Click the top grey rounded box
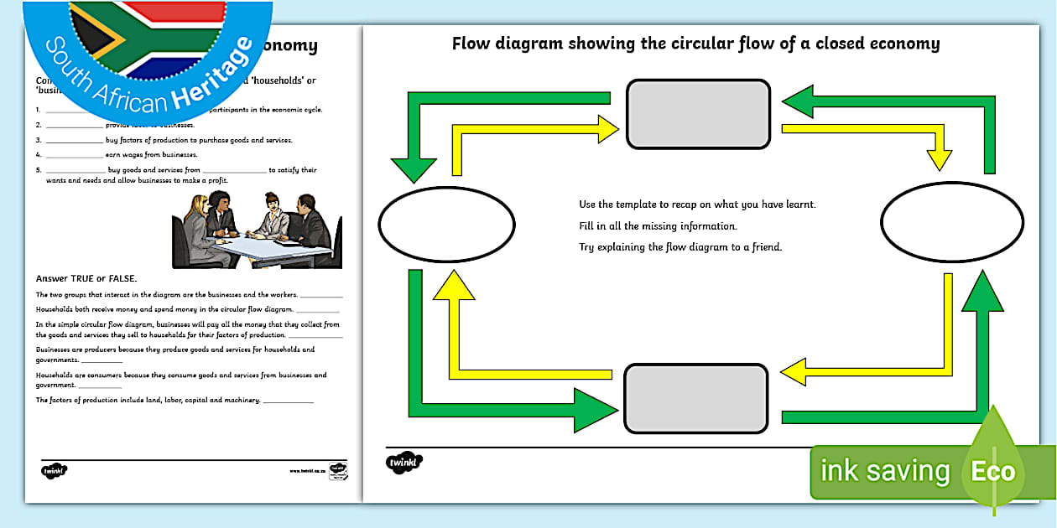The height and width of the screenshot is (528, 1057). click(698, 114)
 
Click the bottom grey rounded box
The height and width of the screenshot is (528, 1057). click(696, 399)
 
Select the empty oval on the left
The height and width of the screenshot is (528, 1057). click(446, 222)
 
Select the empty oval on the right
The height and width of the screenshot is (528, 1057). click(951, 222)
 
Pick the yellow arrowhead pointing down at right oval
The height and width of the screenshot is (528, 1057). click(939, 160)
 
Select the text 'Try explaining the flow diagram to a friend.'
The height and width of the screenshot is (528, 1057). click(680, 247)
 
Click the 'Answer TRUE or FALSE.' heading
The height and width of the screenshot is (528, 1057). click(86, 278)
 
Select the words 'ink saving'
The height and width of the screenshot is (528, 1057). click(884, 471)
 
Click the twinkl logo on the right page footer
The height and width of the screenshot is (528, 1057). click(404, 463)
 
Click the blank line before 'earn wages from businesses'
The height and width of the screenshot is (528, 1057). click(74, 155)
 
